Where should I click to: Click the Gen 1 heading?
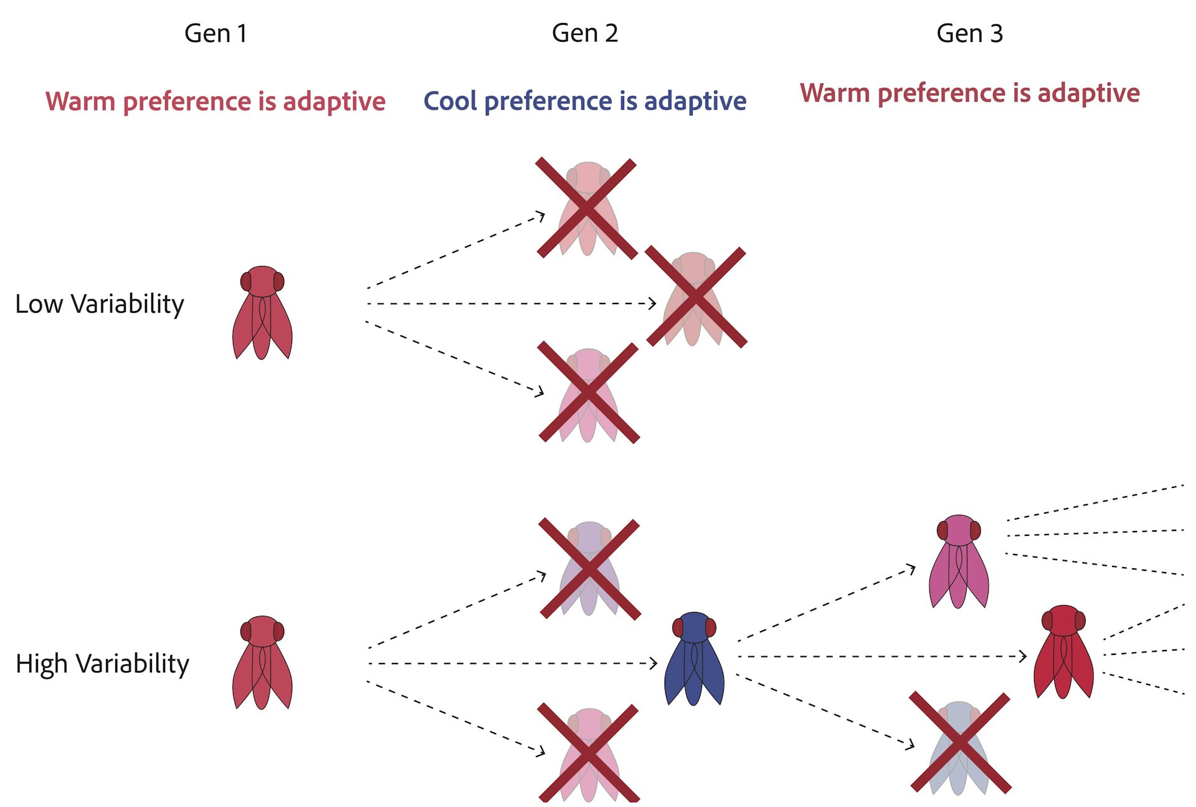point(216,34)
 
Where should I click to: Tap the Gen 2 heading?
point(585,34)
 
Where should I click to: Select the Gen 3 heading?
point(969,34)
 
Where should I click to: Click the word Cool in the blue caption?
point(450,101)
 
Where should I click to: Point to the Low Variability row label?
point(100,304)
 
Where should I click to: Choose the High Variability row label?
point(102,664)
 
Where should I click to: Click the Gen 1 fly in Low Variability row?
point(262,313)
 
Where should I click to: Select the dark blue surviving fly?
point(694,659)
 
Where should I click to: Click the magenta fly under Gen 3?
point(959,561)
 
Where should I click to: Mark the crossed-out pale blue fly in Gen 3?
point(959,743)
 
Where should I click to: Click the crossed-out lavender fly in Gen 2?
point(589,568)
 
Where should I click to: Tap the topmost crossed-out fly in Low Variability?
point(587,208)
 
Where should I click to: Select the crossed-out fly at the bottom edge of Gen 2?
point(589,753)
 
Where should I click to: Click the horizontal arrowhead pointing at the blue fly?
point(653,663)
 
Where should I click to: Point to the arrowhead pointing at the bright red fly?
point(1023,656)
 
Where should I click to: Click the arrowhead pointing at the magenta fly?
point(912,568)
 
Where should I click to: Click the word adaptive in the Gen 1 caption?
point(334,101)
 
